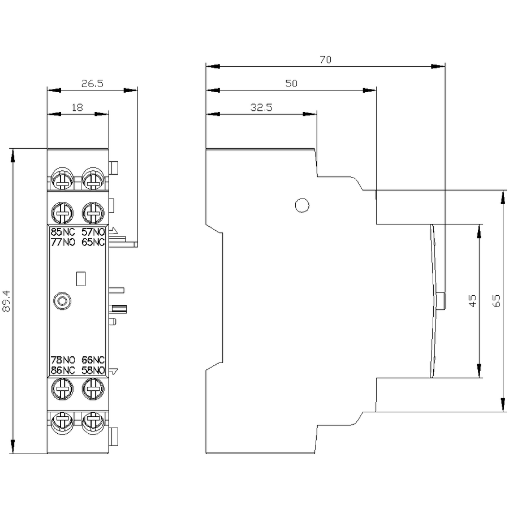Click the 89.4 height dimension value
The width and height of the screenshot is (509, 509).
pyautogui.click(x=6, y=301)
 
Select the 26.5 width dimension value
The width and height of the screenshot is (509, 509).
pyautogui.click(x=92, y=84)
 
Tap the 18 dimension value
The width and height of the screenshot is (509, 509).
pyautogui.click(x=77, y=107)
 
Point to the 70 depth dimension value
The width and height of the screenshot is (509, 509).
pyautogui.click(x=326, y=60)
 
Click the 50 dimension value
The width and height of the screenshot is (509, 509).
pyautogui.click(x=291, y=84)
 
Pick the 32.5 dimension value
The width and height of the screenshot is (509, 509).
pyautogui.click(x=261, y=107)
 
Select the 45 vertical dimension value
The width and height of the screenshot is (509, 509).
pyautogui.click(x=473, y=301)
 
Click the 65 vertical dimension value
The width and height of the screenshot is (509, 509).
pyautogui.click(x=497, y=301)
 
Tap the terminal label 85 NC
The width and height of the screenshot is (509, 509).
pyautogui.click(x=63, y=232)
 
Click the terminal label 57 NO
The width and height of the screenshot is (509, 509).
pyautogui.click(x=93, y=232)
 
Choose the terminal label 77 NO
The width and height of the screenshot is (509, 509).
pyautogui.click(x=63, y=242)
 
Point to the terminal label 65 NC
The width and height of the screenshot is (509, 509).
pyautogui.click(x=93, y=242)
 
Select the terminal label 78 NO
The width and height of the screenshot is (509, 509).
pyautogui.click(x=63, y=360)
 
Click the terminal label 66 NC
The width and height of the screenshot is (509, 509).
pyautogui.click(x=93, y=360)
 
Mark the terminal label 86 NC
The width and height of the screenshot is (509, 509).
pyautogui.click(x=63, y=370)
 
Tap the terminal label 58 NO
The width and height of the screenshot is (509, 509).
pyautogui.click(x=93, y=370)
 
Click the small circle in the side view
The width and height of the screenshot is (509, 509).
pyautogui.click(x=302, y=205)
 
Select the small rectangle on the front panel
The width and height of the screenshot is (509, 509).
pyautogui.click(x=81, y=279)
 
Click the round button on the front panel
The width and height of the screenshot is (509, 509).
pyautogui.click(x=62, y=301)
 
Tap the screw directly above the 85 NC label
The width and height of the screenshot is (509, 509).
pyautogui.click(x=62, y=213)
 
